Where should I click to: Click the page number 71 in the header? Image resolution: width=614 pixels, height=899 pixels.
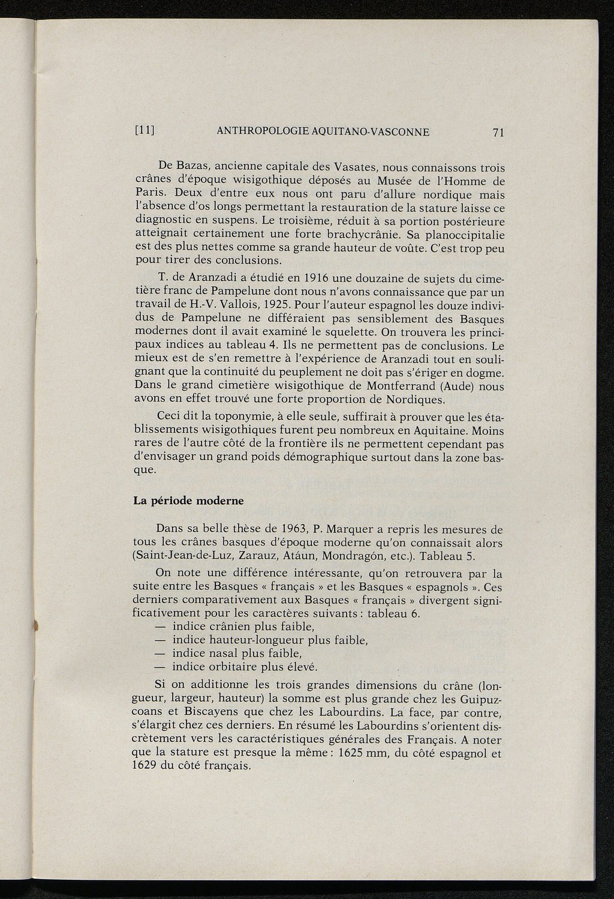tap(497, 133)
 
